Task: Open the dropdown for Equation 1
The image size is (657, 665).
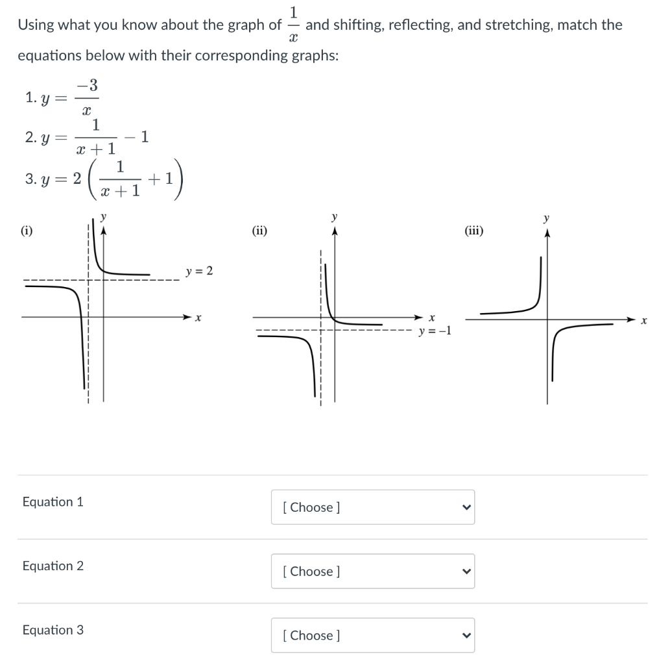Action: (372, 507)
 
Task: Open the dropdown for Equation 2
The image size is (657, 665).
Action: (372, 571)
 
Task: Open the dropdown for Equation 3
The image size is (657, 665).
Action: (372, 635)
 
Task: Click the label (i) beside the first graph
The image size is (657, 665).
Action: (27, 229)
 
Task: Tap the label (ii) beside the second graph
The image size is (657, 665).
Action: (259, 229)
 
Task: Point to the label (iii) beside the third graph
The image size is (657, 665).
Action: (474, 229)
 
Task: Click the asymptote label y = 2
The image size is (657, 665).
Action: (199, 271)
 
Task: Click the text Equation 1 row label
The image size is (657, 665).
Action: (53, 501)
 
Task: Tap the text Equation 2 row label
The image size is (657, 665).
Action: (53, 566)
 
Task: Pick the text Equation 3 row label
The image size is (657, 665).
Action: (53, 630)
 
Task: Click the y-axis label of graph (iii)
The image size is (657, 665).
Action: (547, 217)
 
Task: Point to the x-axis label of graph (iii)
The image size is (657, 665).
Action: (644, 321)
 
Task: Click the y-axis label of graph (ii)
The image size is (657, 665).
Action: (335, 216)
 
